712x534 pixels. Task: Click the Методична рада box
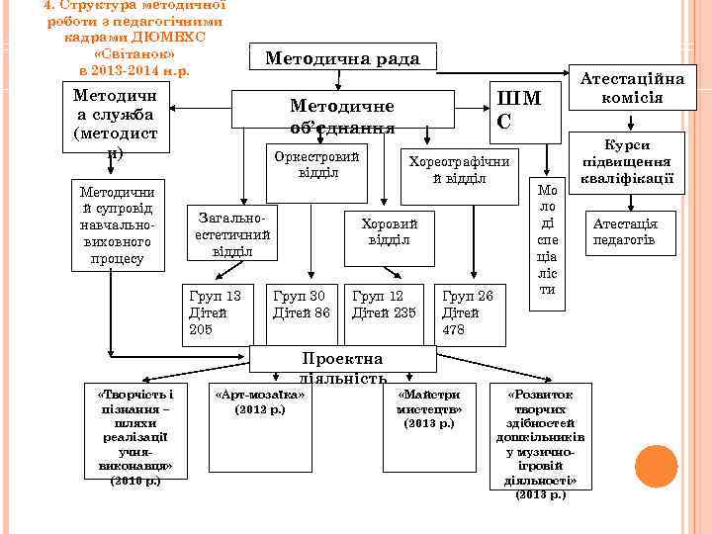pos(342,59)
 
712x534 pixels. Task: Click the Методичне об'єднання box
pos(342,116)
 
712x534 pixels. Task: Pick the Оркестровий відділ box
pos(317,166)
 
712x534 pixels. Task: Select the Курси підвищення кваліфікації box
pos(628,161)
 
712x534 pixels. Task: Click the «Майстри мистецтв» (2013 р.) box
pos(429,407)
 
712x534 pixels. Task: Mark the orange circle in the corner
pos(655,466)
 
